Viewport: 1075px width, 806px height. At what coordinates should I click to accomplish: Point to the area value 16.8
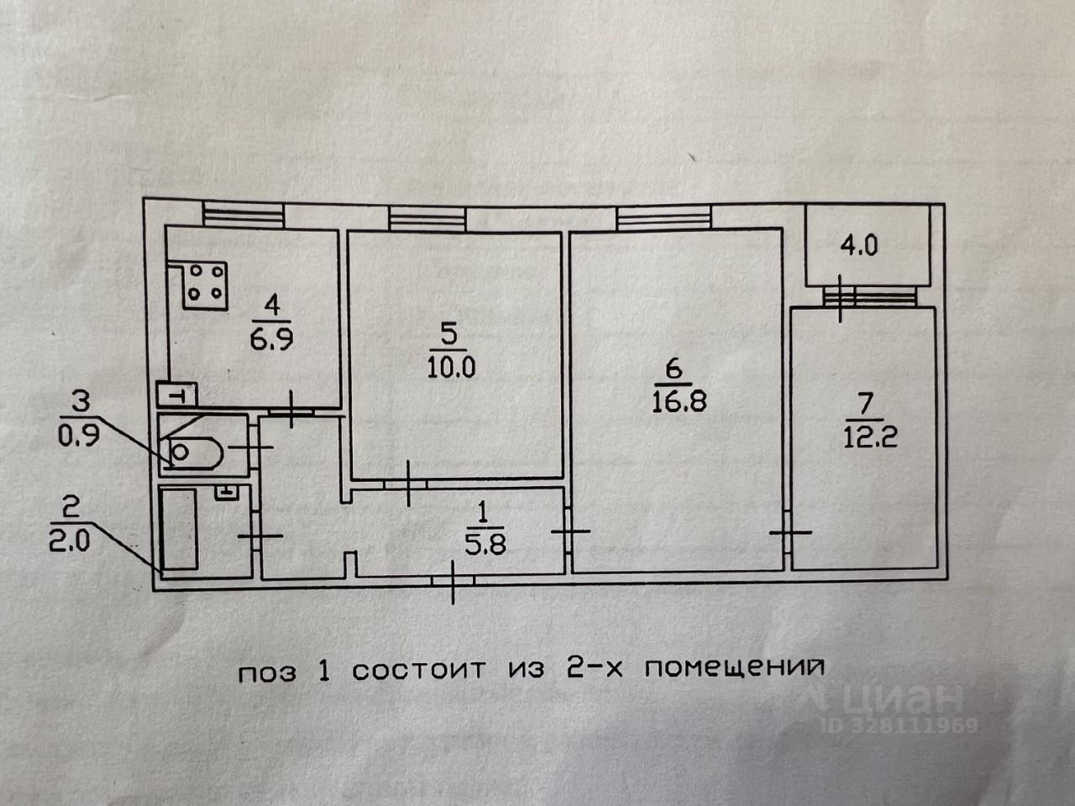pos(679,400)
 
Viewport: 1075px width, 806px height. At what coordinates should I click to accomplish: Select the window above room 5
pos(427,220)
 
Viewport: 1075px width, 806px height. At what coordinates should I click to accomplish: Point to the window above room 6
pos(664,219)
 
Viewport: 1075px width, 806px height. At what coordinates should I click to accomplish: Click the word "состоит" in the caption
pos(419,671)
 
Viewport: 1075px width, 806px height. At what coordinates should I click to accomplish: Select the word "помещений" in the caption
pos(734,669)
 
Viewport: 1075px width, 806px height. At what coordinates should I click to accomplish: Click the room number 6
pos(671,368)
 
